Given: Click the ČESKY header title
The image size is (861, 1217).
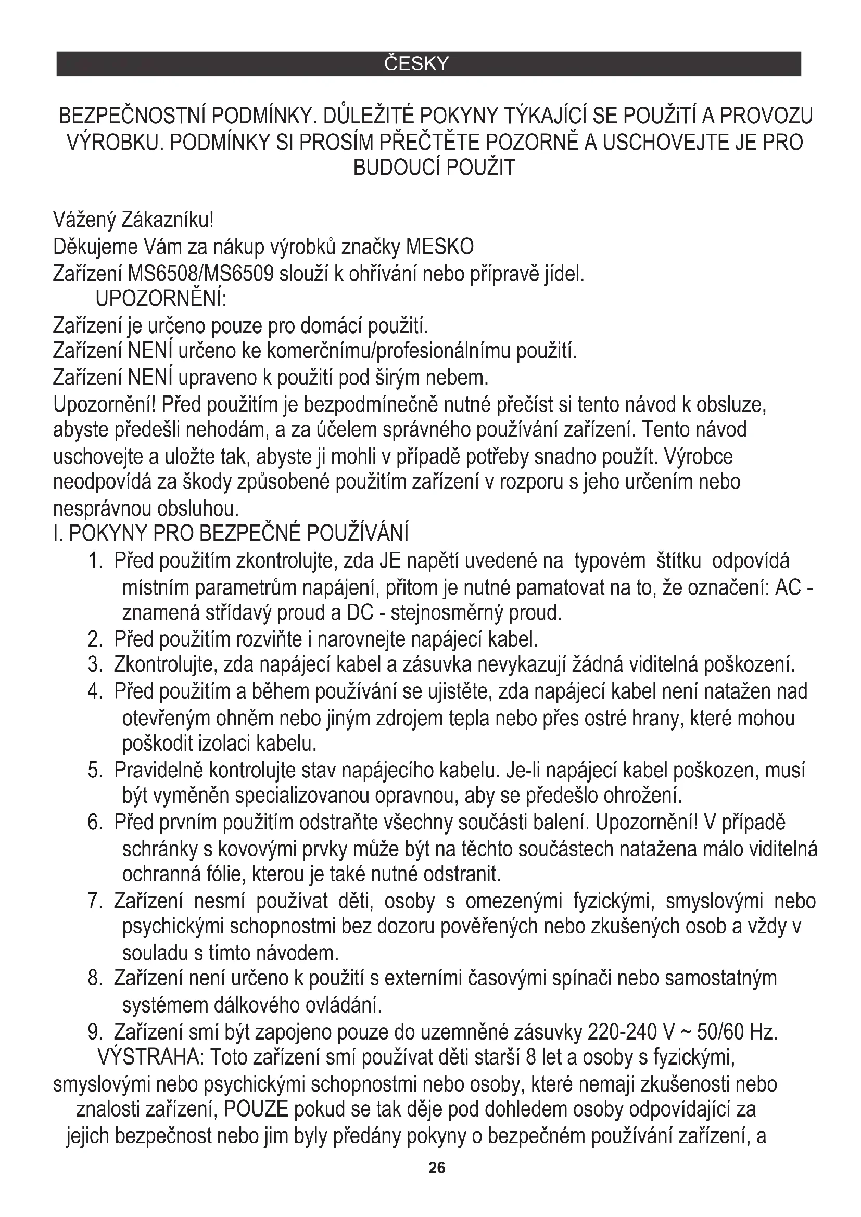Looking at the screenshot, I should pos(416,64).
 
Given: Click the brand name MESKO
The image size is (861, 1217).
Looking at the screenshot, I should pos(439,247).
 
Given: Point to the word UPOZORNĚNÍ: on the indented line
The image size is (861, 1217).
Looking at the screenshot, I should pos(161,300).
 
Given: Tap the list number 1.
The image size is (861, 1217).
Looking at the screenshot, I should pos(95,561).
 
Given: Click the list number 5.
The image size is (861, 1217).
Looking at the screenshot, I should pos(95,770).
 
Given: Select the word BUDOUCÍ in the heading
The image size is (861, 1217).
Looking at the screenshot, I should pos(397,168).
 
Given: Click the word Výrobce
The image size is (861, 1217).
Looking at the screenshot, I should pos(698,456).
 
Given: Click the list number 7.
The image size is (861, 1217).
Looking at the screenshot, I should pos(95,901).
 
